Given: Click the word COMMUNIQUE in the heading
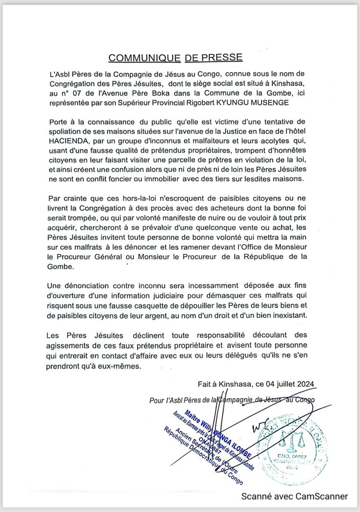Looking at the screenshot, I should tap(144, 58).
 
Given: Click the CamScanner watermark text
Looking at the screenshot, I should tap(295, 496).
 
